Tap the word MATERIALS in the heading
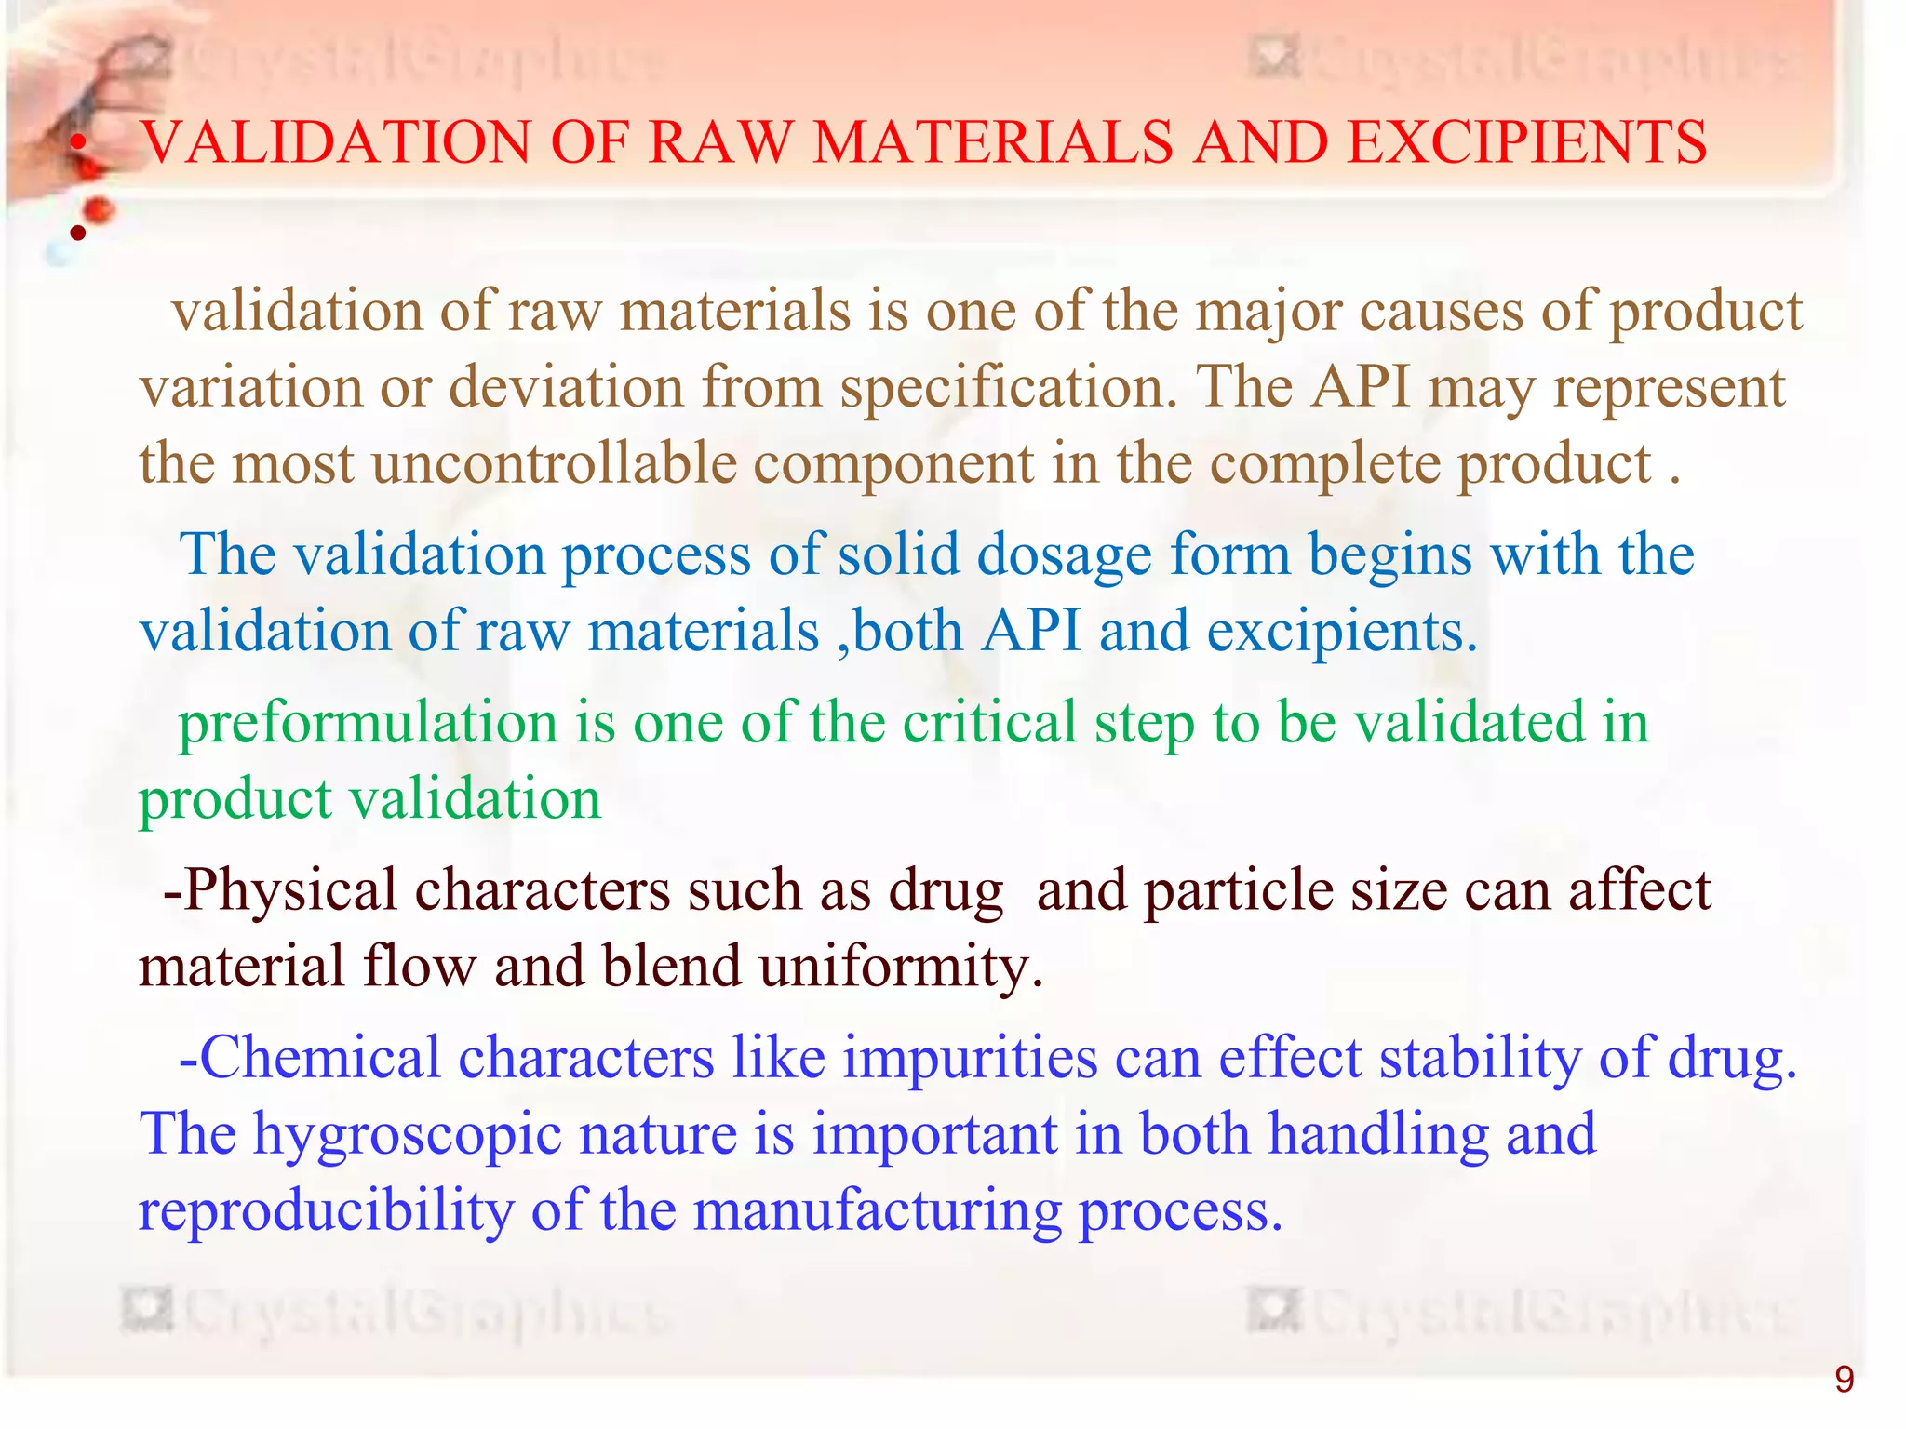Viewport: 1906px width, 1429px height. [992, 143]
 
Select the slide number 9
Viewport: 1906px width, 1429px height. [1844, 1379]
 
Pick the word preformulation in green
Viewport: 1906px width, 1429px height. [368, 724]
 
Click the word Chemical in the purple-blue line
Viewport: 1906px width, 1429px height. [320, 1059]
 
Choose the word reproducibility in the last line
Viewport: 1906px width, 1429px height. [326, 1211]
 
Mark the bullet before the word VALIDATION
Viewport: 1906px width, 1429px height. [80, 143]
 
